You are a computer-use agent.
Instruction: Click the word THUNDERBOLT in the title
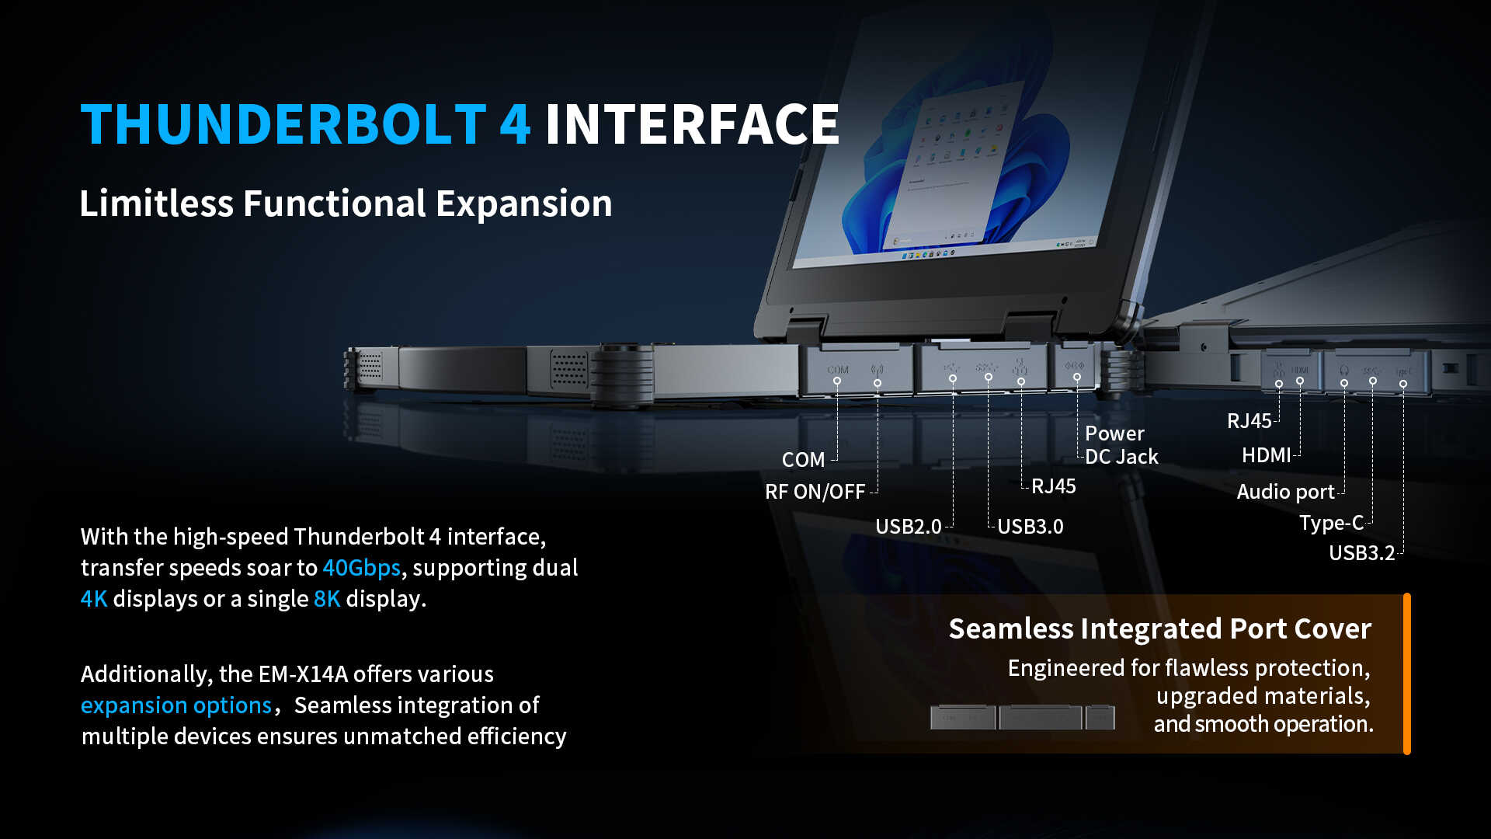tap(283, 124)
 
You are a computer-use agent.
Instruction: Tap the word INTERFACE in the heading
tap(691, 124)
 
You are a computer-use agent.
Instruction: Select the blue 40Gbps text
tap(361, 568)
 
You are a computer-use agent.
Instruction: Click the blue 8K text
tap(327, 599)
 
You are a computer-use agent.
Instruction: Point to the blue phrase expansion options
tap(176, 705)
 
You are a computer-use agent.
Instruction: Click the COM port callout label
tap(803, 460)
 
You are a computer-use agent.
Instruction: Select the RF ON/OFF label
tap(815, 492)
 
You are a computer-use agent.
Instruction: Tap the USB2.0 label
tap(908, 527)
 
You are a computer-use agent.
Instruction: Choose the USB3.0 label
tap(1030, 527)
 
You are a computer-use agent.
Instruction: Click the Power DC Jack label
tap(1121, 445)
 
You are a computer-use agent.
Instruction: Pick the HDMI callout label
tap(1266, 455)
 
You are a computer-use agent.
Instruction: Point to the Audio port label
tap(1285, 492)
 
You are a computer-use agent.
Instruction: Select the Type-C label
tap(1331, 523)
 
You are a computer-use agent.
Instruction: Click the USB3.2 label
tap(1361, 553)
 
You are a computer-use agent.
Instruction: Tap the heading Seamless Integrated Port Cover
tap(1159, 628)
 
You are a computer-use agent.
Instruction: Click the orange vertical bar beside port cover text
tap(1406, 674)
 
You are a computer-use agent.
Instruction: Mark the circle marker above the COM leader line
tap(837, 381)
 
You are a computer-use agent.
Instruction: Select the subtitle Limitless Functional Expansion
tap(346, 204)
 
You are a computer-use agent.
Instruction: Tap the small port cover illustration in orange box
tap(1022, 716)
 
